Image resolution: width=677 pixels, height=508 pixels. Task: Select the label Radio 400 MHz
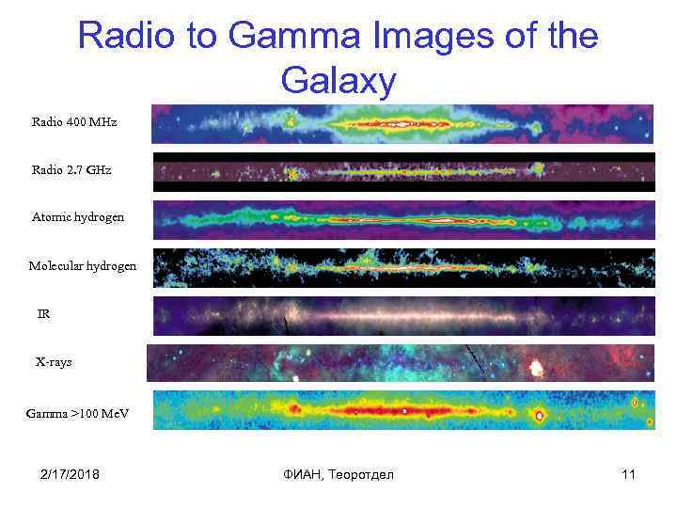(74, 122)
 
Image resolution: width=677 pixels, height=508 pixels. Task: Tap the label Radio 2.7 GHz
(71, 170)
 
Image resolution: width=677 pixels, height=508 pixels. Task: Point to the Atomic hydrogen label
(78, 217)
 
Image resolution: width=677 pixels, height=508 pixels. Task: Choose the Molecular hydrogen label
(83, 266)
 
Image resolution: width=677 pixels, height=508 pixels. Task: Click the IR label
(43, 314)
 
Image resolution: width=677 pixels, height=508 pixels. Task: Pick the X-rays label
(54, 361)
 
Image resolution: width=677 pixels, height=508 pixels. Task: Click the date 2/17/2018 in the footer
(71, 474)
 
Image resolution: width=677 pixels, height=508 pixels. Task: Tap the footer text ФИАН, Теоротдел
(338, 474)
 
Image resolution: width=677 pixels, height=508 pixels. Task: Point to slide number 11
(628, 474)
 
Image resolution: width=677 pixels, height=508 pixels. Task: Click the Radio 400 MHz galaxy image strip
(402, 123)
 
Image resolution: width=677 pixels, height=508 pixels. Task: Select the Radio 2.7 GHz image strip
(402, 172)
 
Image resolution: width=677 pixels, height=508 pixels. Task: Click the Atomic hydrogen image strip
(402, 220)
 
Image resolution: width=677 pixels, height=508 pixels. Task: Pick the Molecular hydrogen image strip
(402, 267)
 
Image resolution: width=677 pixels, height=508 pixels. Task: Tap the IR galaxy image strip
(402, 315)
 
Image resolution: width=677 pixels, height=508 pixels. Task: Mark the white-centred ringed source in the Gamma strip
(540, 415)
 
